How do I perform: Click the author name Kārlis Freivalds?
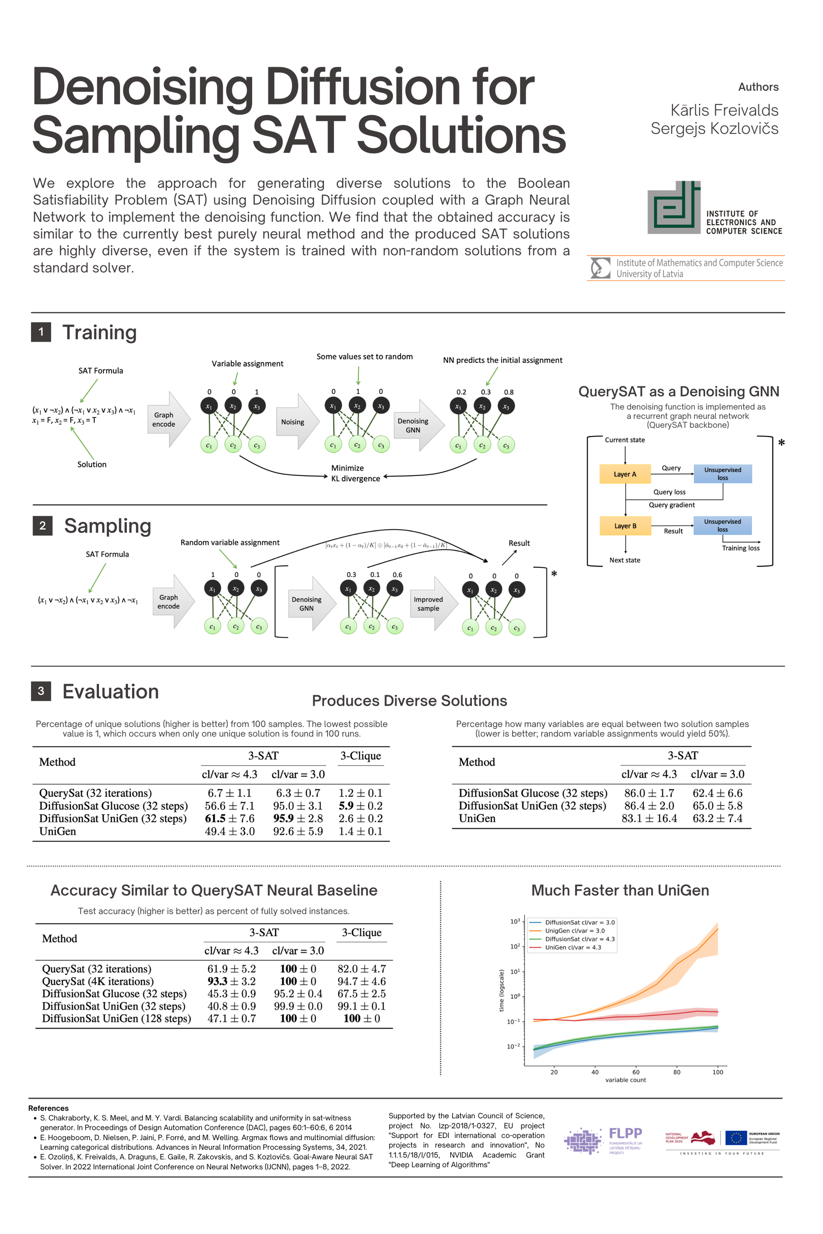pos(724,110)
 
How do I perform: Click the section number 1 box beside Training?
pos(41,332)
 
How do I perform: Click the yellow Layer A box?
pos(625,474)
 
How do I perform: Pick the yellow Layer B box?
pos(625,526)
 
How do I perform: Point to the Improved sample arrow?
pos(433,604)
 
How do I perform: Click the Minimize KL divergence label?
pos(355,473)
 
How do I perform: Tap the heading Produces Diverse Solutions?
pos(409,701)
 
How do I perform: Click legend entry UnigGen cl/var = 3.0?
pos(574,931)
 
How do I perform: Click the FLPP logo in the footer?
pos(604,1141)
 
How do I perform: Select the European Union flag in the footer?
pos(736,1138)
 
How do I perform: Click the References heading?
pos(48,1108)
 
